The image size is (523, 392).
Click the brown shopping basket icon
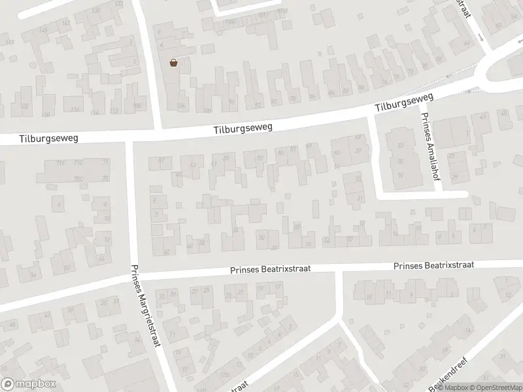pyautogui.click(x=174, y=63)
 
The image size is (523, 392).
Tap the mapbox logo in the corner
pyautogui.click(x=29, y=384)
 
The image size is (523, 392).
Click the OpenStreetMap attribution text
pyautogui.click(x=495, y=387)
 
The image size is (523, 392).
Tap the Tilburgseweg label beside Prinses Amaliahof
pyautogui.click(x=405, y=101)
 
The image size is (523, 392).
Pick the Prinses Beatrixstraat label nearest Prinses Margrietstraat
pyautogui.click(x=270, y=269)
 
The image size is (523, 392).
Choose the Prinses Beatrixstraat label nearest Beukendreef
pyautogui.click(x=433, y=265)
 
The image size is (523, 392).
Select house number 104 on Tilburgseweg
pyautogui.click(x=181, y=105)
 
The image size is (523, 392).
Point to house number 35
pyautogui.click(x=103, y=302)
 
